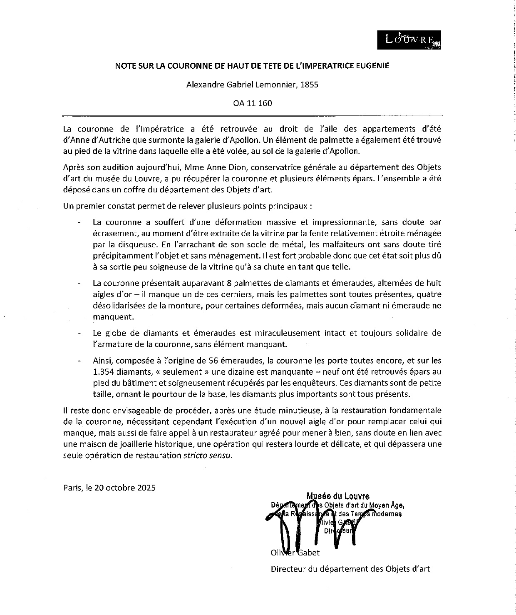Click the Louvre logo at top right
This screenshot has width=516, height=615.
[x=410, y=40]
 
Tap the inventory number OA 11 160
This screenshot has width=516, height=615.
[x=252, y=103]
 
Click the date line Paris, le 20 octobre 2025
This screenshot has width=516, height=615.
[x=109, y=488]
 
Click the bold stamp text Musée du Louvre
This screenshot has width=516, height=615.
[x=338, y=496]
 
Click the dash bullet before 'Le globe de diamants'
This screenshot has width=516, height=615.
[x=79, y=334]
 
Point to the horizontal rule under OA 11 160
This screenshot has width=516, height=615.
[x=252, y=115]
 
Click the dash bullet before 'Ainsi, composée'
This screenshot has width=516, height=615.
[x=79, y=361]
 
